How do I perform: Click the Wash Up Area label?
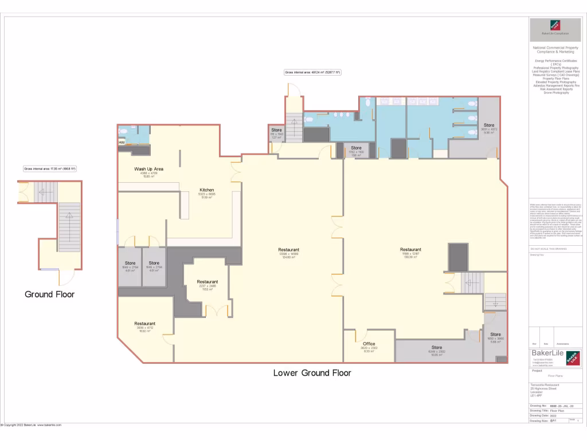[x=149, y=169]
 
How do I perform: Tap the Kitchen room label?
[x=206, y=190]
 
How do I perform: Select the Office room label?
[x=369, y=344]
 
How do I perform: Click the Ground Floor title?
[x=49, y=294]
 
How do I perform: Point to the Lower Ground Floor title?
[x=312, y=373]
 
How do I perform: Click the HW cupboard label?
[x=122, y=142]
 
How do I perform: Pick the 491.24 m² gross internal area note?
[x=312, y=73]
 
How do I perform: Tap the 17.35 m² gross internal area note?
[x=50, y=169]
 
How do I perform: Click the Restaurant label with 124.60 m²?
[x=288, y=250]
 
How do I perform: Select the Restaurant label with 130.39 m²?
[x=410, y=250]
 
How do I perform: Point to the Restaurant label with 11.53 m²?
[x=207, y=282]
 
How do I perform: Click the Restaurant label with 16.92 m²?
[x=144, y=324]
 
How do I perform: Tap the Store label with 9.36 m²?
[x=488, y=125]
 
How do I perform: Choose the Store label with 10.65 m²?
[x=437, y=348]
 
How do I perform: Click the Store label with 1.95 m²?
[x=356, y=148]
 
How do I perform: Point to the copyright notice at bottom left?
[x=32, y=425]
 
